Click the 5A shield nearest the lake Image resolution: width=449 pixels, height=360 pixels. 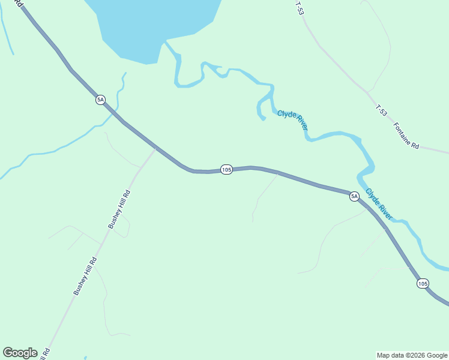tap(100, 100)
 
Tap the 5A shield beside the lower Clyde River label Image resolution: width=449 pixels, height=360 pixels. tap(354, 196)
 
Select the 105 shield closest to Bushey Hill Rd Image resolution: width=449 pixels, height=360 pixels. tap(226, 170)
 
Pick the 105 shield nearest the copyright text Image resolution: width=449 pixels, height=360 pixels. tap(423, 283)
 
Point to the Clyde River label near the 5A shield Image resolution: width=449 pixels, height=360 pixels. tap(379, 205)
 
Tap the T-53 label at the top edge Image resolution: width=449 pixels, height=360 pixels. tap(300, 8)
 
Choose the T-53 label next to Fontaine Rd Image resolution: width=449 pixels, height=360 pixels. tap(381, 110)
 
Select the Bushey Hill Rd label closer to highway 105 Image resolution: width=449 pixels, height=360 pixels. tap(119, 209)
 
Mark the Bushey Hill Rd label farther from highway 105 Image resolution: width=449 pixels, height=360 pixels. tap(85, 276)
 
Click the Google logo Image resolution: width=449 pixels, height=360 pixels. tap(20, 353)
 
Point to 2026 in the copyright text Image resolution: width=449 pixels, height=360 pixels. tap(417, 355)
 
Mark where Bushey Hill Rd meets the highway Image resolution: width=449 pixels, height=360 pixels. tap(155, 149)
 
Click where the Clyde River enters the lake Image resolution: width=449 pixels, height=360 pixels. tap(166, 43)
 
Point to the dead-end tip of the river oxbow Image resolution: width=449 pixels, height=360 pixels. tap(263, 119)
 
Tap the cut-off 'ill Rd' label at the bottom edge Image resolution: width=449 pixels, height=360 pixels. tap(44, 354)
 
